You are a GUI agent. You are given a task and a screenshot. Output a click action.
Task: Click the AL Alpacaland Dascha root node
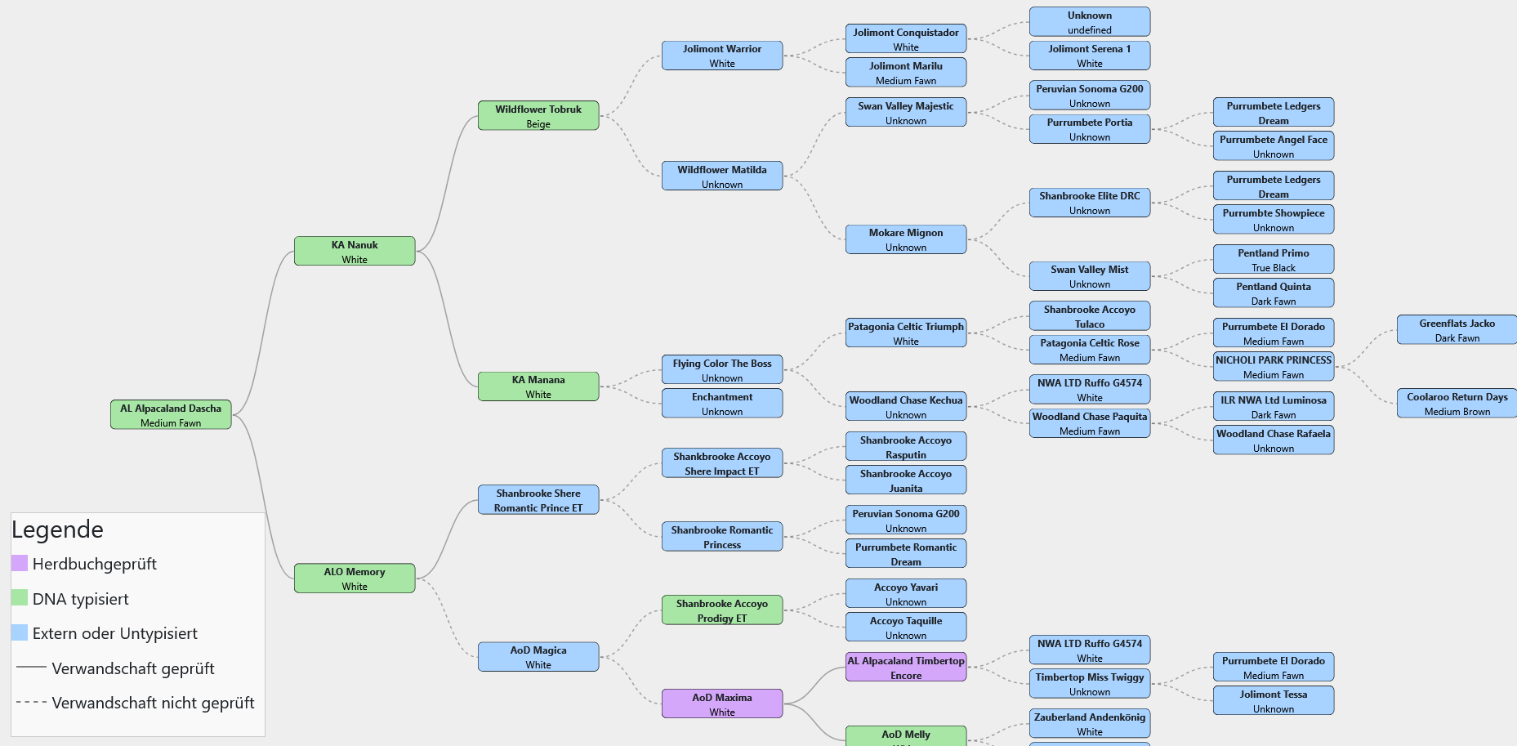point(171,414)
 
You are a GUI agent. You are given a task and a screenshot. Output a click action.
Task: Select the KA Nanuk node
point(355,251)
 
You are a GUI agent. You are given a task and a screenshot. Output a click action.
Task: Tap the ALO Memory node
point(355,578)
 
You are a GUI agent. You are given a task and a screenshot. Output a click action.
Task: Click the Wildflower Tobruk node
point(538,115)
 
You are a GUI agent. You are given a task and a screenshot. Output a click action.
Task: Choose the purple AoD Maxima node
point(722,704)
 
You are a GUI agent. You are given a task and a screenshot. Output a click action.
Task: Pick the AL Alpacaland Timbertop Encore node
point(906,667)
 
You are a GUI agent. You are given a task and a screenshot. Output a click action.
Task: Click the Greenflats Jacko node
point(1457,329)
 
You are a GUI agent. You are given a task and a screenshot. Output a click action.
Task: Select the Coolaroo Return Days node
point(1457,403)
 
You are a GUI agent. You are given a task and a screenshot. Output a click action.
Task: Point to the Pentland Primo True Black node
point(1273,259)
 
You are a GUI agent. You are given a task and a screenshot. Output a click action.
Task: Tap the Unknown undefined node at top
point(1089,21)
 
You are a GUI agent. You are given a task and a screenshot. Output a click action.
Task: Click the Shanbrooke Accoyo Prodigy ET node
point(722,610)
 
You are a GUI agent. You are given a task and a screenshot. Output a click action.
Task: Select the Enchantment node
point(722,403)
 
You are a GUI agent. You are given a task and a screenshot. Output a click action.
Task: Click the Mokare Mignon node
point(906,239)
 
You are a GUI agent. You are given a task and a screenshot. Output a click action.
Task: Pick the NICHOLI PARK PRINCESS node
point(1273,366)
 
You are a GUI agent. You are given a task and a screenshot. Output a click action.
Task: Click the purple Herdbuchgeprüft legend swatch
point(20,563)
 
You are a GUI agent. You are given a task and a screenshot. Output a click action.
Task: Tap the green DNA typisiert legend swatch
point(20,597)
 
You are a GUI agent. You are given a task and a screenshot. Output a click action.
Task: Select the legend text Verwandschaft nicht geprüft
point(153,703)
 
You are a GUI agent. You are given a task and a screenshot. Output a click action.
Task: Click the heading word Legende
point(57,529)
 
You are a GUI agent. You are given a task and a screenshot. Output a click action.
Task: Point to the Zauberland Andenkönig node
point(1089,723)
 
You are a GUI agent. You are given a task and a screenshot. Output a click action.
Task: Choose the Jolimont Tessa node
point(1273,700)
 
